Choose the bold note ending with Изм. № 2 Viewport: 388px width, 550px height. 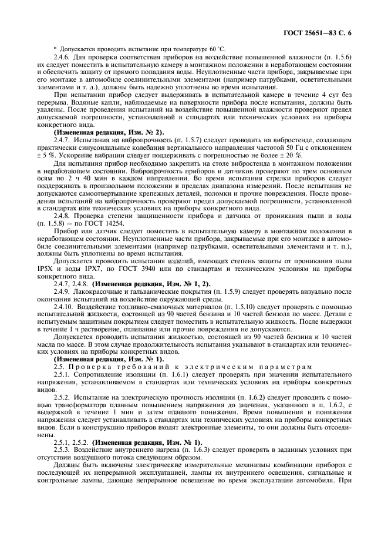tap(109, 132)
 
